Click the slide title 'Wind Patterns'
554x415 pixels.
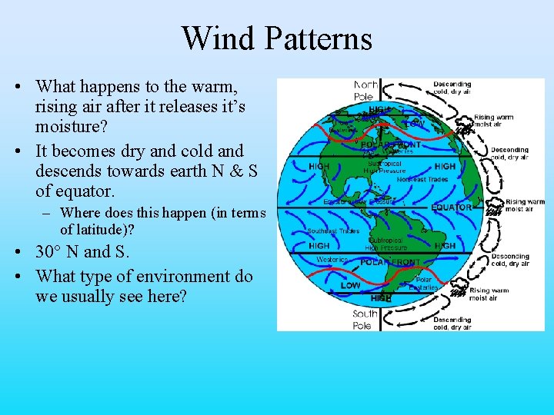pos(276,38)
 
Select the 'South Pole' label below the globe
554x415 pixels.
pos(365,320)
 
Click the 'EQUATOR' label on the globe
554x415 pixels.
pos(452,207)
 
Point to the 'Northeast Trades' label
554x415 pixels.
pos(422,179)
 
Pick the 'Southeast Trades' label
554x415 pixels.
pos(333,231)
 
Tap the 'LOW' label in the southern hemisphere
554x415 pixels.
pos(350,285)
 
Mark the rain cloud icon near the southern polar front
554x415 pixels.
pos(459,290)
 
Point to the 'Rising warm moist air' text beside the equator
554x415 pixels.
pos(525,204)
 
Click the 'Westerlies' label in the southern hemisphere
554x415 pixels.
pos(332,260)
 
